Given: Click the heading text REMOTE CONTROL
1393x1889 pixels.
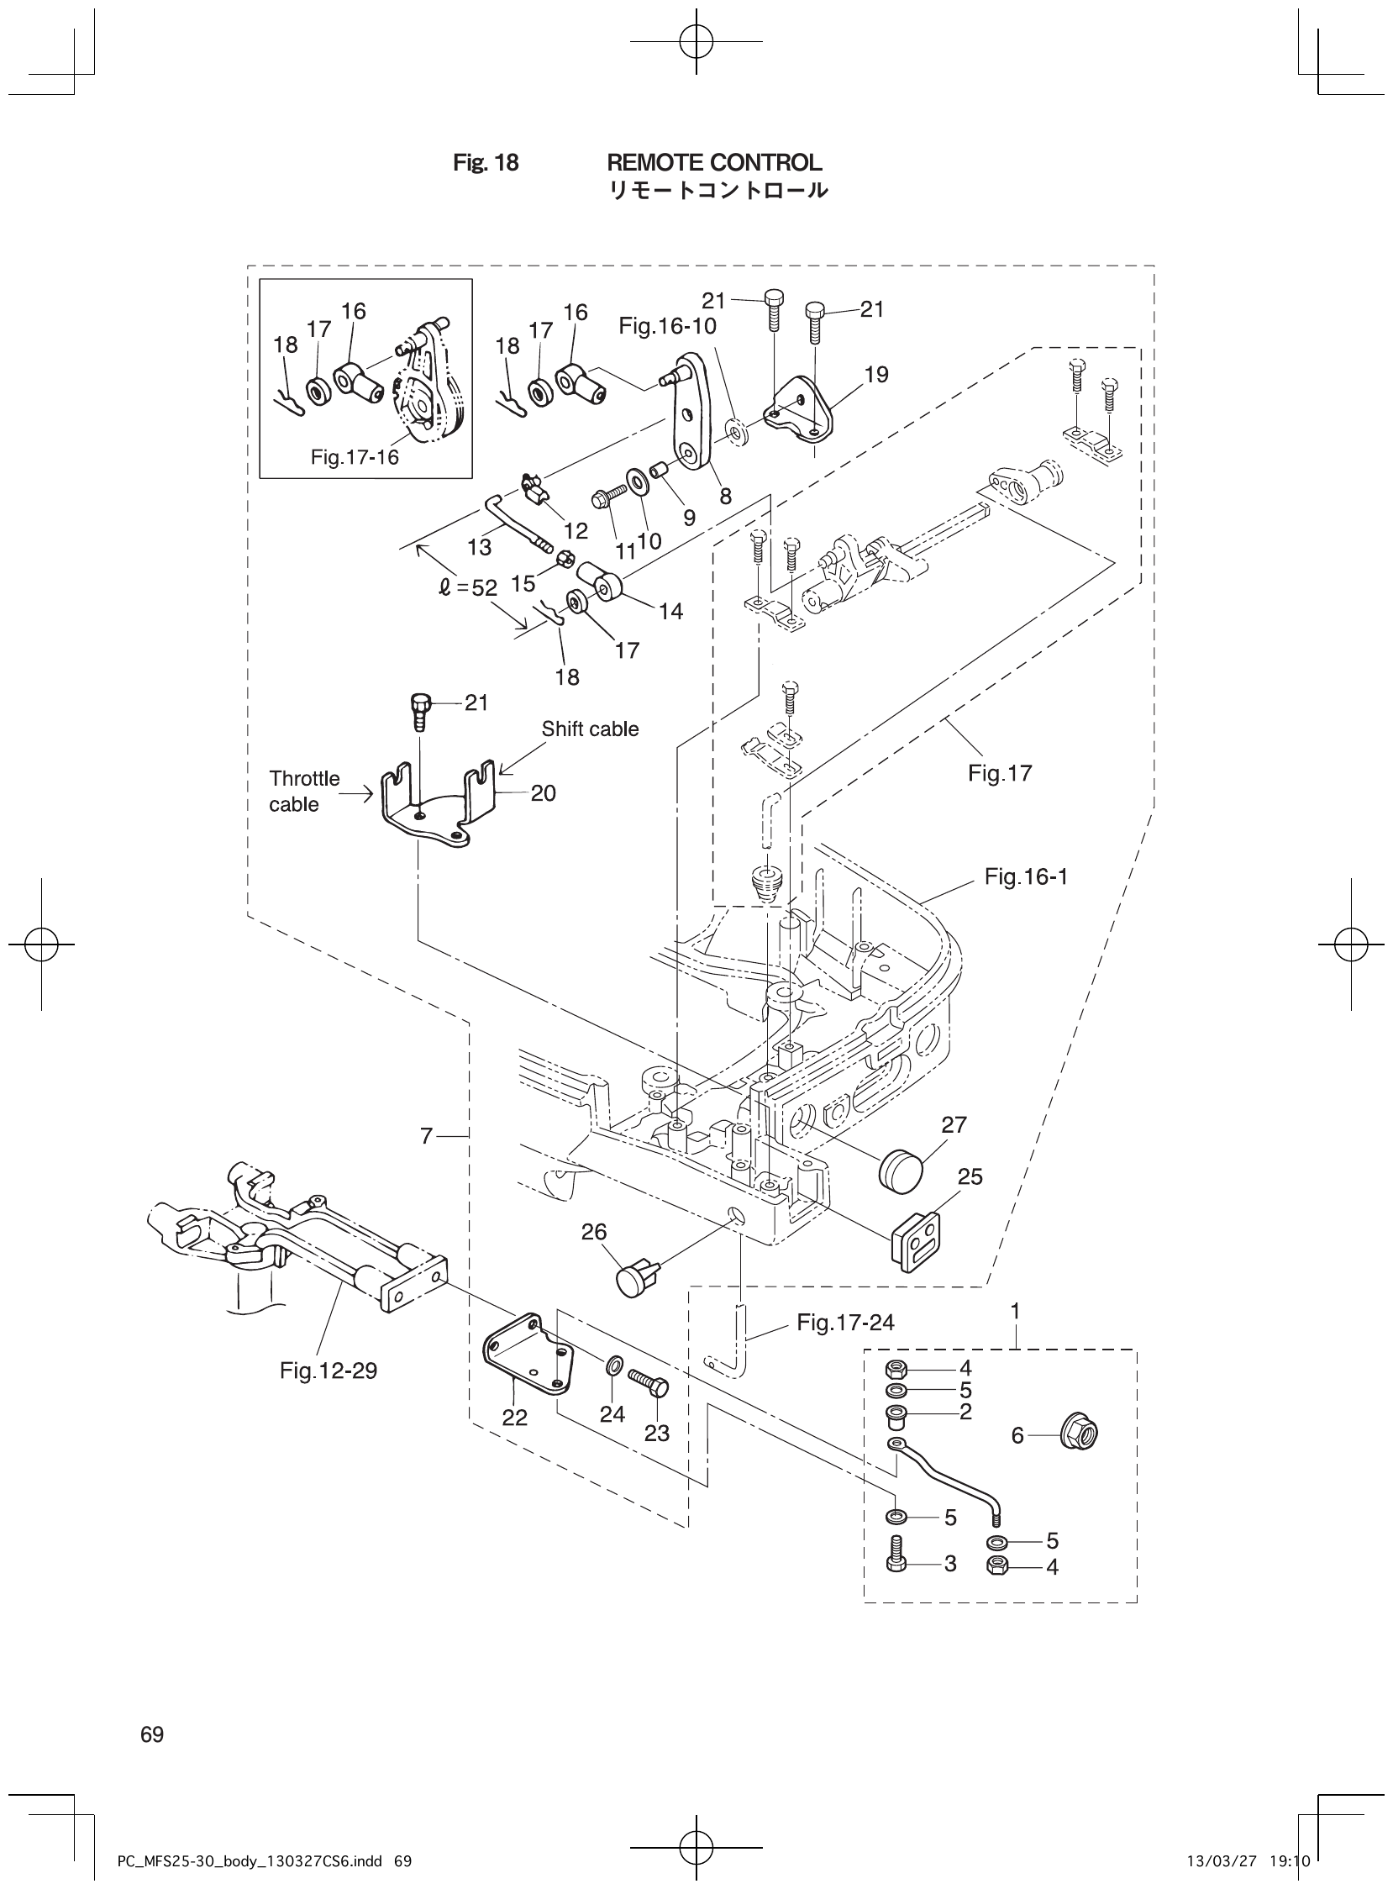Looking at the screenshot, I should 713,162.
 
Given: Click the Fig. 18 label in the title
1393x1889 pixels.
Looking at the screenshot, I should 486,163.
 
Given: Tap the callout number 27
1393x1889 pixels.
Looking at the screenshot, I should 954,1124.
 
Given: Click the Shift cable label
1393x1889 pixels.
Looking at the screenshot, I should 590,729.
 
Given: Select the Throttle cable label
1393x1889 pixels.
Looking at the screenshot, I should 303,791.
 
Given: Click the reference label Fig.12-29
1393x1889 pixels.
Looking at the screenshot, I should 328,1371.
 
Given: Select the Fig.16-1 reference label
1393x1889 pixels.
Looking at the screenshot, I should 1025,877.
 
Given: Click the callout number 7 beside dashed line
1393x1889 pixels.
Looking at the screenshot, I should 427,1137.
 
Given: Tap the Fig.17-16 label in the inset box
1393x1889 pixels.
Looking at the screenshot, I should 355,457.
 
